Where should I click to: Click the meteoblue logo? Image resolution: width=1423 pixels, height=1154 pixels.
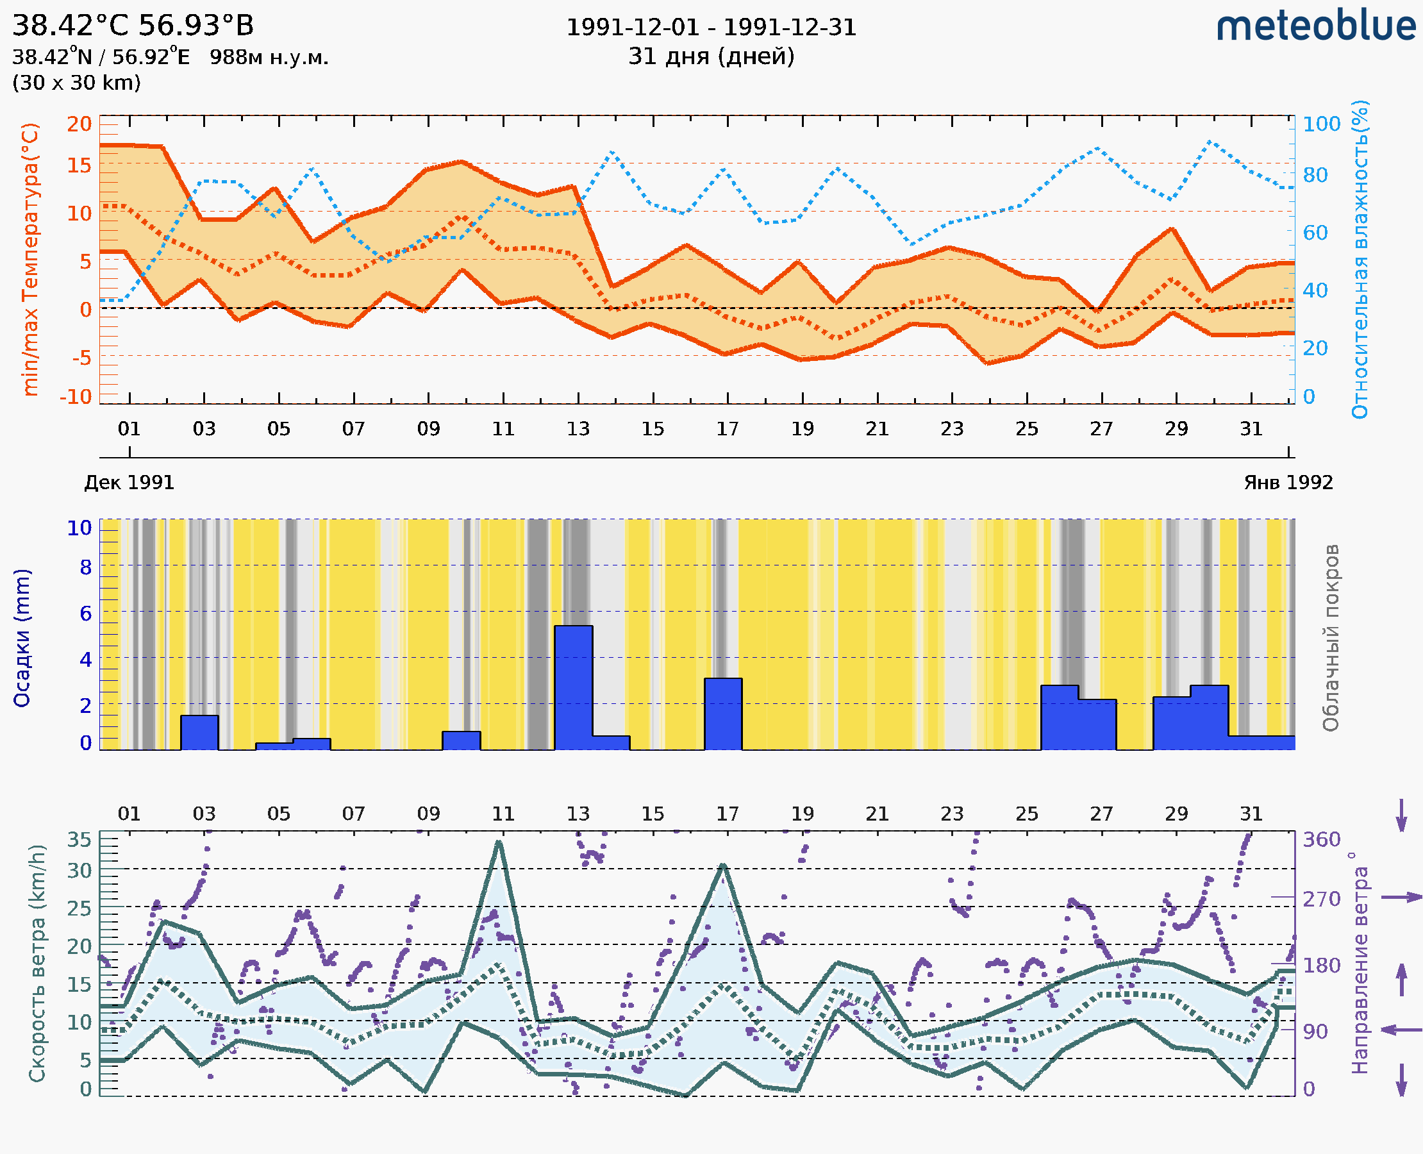(1315, 26)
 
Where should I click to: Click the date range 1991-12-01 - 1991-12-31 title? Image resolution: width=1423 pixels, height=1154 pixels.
(710, 28)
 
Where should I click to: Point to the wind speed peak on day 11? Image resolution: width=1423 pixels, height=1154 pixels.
(499, 843)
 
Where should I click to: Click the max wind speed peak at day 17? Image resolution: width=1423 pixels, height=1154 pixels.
(723, 865)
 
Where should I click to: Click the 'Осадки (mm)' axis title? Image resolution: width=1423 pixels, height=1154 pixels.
(22, 638)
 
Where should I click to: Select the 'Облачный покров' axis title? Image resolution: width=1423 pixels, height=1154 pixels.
(1330, 638)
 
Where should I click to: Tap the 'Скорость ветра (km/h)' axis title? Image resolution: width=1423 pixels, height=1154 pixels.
(37, 963)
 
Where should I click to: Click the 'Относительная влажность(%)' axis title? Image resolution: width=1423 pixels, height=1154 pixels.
(1360, 259)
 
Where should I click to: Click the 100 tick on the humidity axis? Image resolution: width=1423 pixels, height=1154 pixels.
(1320, 124)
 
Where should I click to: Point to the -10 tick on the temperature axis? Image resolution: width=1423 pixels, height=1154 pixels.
(76, 397)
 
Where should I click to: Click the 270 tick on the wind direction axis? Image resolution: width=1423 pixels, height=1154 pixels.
(1320, 899)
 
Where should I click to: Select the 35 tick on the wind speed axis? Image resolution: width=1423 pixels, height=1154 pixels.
(79, 840)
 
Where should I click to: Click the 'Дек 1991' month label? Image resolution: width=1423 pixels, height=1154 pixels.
(129, 483)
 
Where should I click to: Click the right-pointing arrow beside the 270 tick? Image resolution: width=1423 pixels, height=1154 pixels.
(1401, 898)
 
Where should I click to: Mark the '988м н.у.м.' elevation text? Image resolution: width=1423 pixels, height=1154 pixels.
(269, 58)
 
